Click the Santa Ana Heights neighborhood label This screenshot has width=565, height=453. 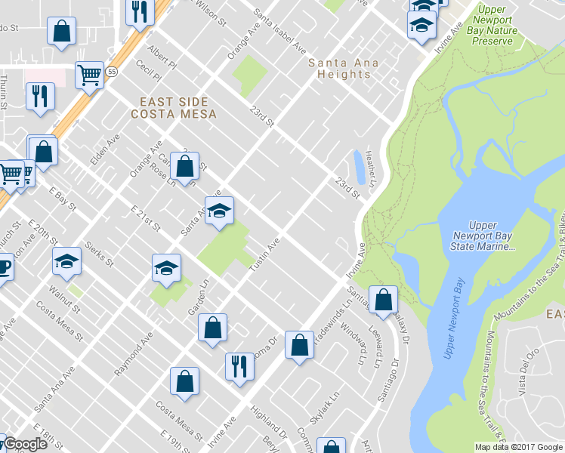[338, 68]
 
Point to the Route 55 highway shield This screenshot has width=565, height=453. [112, 72]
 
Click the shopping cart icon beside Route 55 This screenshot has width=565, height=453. [89, 75]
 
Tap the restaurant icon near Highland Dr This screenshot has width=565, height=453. [239, 366]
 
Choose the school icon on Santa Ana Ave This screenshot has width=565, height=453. [219, 211]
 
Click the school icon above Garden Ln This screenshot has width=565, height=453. [167, 267]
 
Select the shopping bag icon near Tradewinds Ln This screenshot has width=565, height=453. [300, 344]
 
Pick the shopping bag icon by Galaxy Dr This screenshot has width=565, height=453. [384, 299]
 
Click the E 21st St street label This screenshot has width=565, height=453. [146, 217]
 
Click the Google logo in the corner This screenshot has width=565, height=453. [25, 445]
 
